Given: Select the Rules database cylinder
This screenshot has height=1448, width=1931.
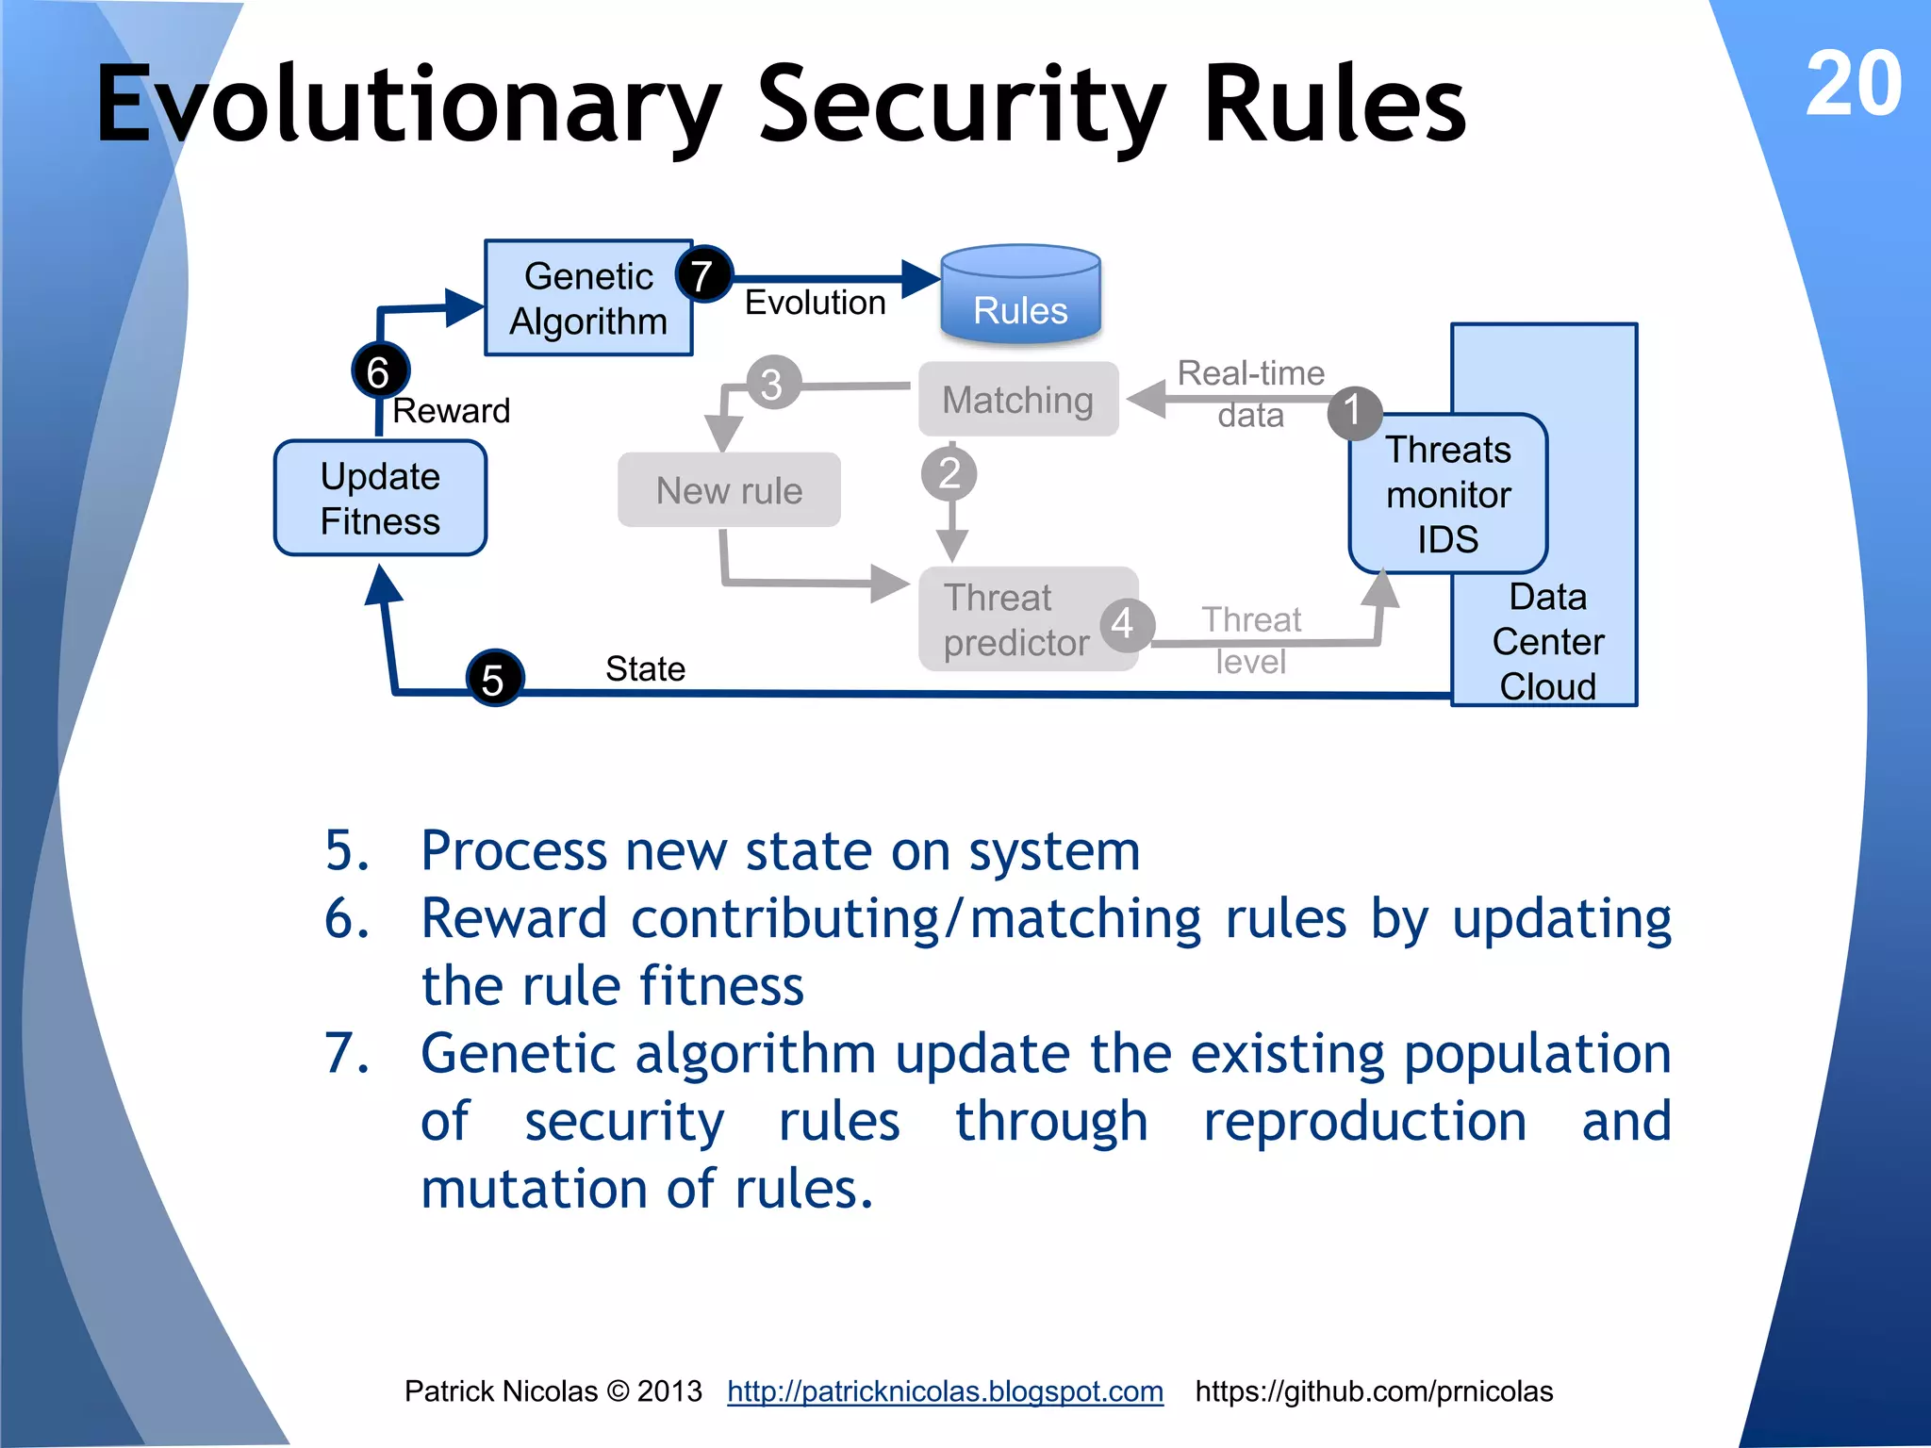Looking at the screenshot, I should tap(1020, 294).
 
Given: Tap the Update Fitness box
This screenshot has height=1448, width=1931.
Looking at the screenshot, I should tap(380, 498).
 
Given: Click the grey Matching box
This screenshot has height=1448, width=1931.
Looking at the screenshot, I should tap(1018, 400).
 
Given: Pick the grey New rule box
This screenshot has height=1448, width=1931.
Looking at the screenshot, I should tap(729, 490).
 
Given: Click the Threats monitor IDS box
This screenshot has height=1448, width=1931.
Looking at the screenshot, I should tap(1447, 494).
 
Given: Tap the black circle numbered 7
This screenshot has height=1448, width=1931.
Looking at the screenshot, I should tap(702, 275).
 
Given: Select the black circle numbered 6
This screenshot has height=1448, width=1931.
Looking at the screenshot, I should tap(380, 371).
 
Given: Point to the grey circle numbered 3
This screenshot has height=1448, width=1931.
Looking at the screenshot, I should tap(772, 384).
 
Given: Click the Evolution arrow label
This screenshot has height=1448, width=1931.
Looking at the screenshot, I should tap(815, 304).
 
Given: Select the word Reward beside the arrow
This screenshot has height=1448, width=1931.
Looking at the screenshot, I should tap(451, 411).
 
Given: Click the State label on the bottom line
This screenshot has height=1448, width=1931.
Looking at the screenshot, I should tap(645, 669).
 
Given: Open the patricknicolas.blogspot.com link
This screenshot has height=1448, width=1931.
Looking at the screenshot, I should tap(945, 1391).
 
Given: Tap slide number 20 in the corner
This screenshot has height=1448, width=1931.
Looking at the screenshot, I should tap(1853, 85).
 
